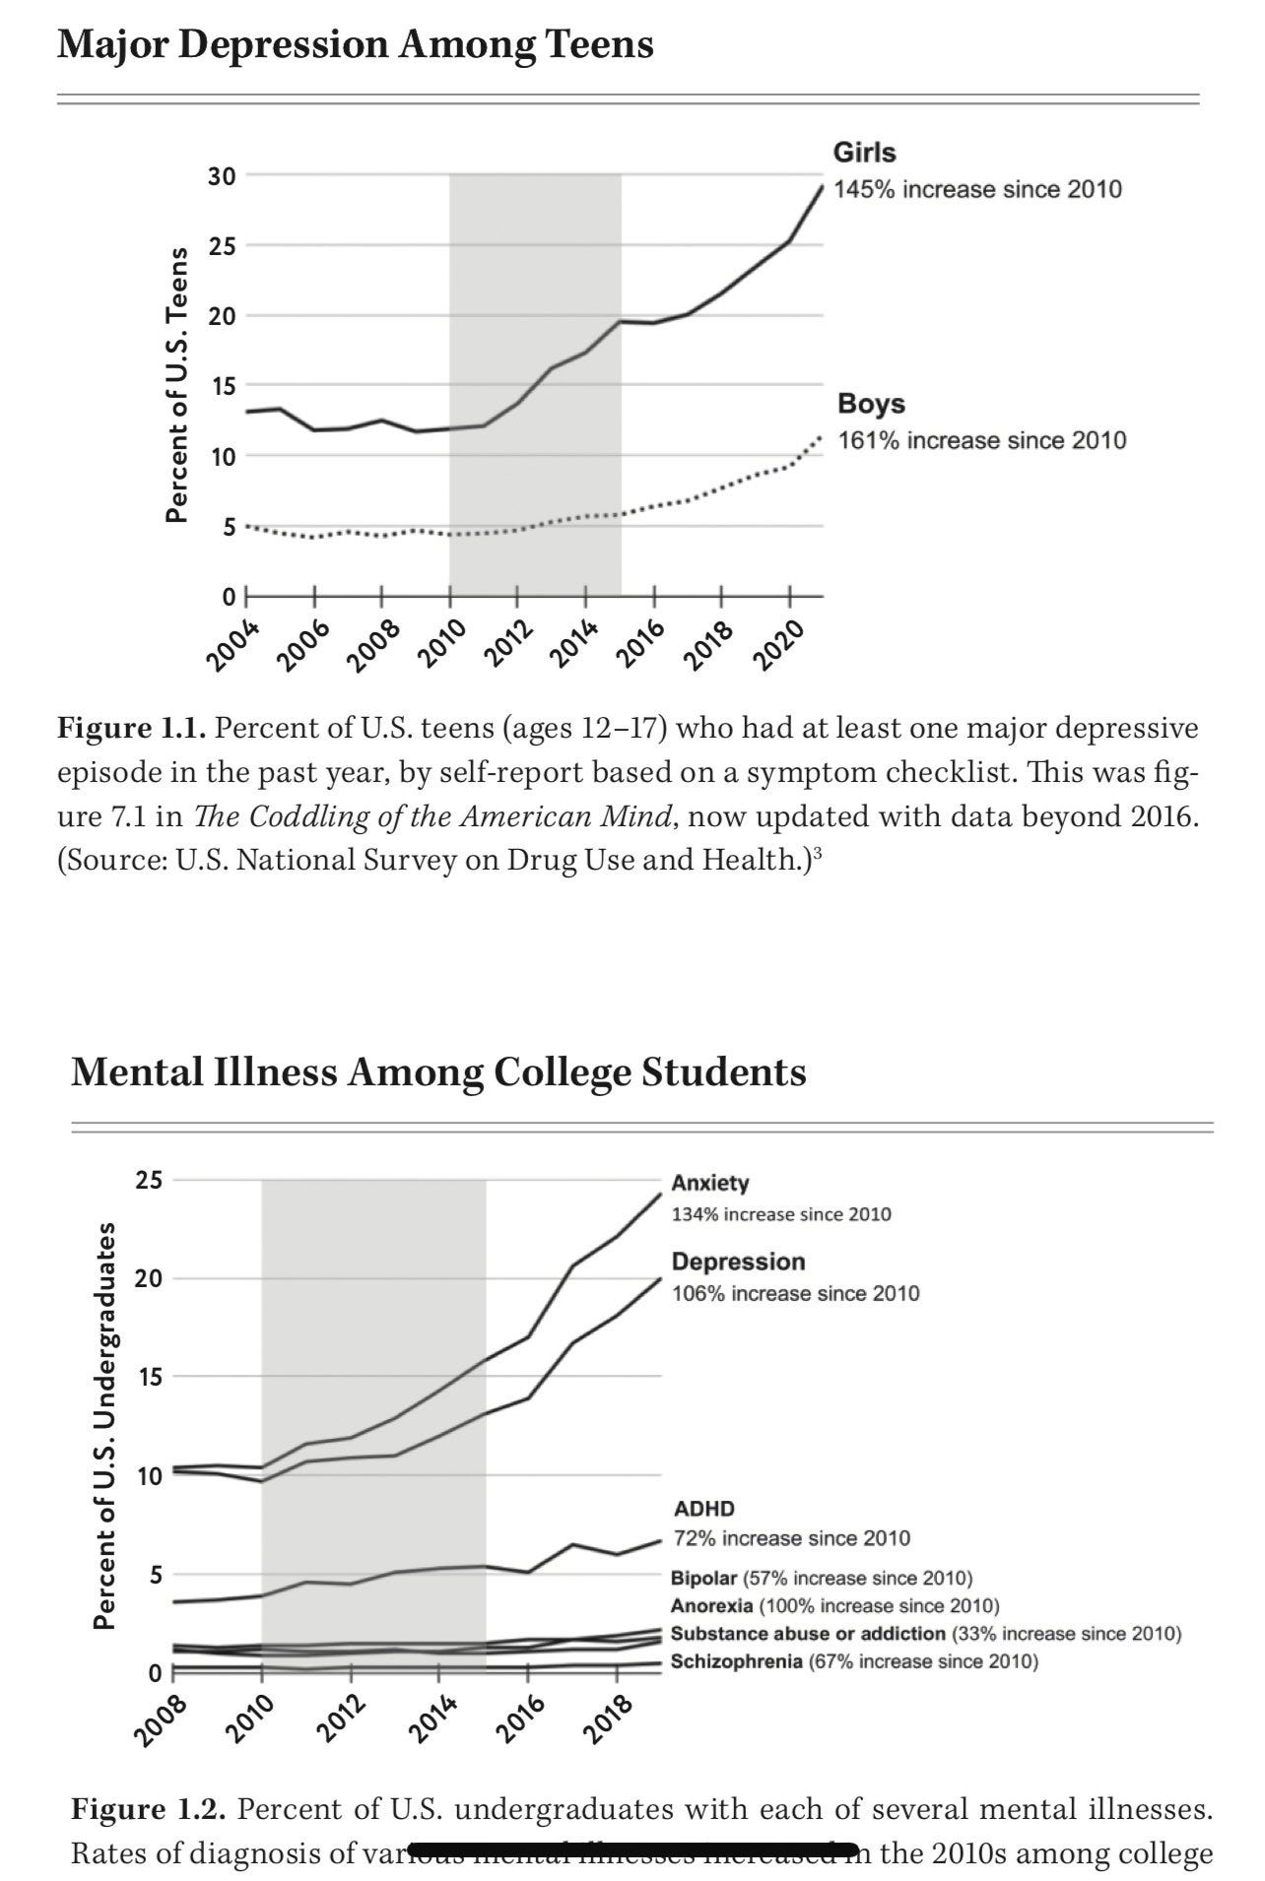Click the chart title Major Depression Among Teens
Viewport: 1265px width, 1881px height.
[355, 45]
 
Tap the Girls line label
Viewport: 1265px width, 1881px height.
[864, 153]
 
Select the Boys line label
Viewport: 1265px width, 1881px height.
[871, 404]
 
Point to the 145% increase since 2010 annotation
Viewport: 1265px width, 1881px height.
[977, 189]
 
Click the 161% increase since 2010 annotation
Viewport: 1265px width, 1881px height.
[981, 440]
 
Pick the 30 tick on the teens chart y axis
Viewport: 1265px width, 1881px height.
[222, 176]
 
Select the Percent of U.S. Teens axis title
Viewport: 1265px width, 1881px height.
[177, 384]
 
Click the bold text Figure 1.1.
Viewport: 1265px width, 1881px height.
[132, 729]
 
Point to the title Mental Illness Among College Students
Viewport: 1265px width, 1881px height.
[438, 1071]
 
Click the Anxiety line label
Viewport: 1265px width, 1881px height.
[709, 1183]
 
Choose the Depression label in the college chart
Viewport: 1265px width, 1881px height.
[738, 1262]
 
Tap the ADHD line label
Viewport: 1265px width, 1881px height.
[703, 1508]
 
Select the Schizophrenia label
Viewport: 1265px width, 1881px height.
[736, 1662]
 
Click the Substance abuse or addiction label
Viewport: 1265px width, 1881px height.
[808, 1634]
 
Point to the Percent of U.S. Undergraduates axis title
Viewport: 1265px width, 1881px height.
[104, 1426]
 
